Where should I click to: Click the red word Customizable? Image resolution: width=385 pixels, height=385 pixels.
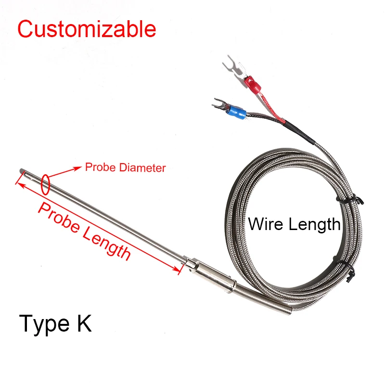[x=87, y=29]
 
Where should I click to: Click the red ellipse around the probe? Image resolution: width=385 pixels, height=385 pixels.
[x=46, y=184]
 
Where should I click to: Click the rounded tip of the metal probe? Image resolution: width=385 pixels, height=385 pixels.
[x=22, y=170]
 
